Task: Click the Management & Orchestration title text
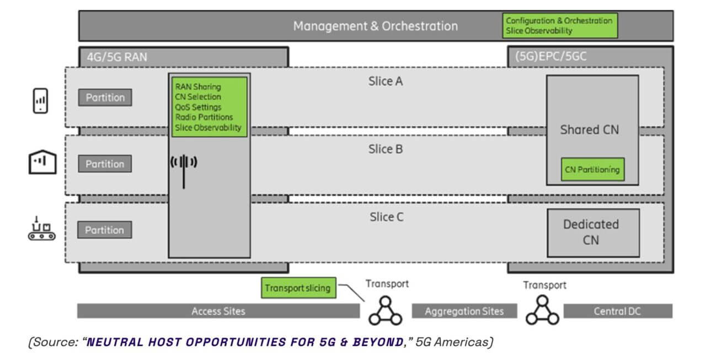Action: pyautogui.click(x=375, y=26)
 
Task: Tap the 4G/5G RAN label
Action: pyautogui.click(x=117, y=57)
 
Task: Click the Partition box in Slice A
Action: pyautogui.click(x=105, y=98)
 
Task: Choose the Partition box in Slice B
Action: pyautogui.click(x=105, y=164)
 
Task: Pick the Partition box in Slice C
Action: pyautogui.click(x=105, y=230)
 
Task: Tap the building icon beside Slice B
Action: pyautogui.click(x=42, y=163)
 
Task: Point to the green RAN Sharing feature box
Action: pyautogui.click(x=208, y=107)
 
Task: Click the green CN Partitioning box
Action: pyautogui.click(x=592, y=170)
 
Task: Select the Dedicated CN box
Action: pyautogui.click(x=592, y=233)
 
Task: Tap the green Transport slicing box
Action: pyautogui.click(x=297, y=288)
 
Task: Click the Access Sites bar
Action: pyautogui.click(x=218, y=311)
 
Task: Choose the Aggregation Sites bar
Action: pyautogui.click(x=464, y=311)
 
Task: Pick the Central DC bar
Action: pyautogui.click(x=617, y=311)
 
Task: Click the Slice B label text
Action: pyautogui.click(x=386, y=149)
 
